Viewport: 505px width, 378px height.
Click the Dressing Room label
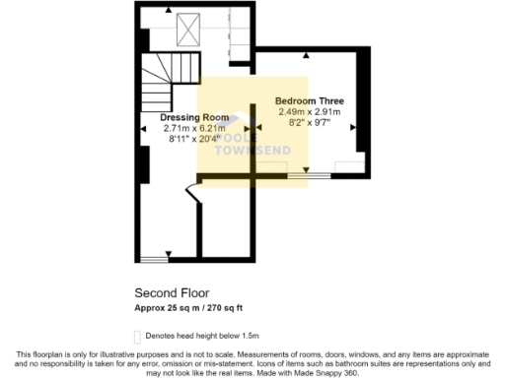pos(194,117)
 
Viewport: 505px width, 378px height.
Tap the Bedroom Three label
pos(309,101)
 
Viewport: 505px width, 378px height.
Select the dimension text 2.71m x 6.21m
pos(194,128)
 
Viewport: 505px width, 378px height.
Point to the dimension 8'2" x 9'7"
pos(309,125)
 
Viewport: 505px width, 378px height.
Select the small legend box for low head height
pos(137,336)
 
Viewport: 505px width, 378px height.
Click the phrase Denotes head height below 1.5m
pos(200,336)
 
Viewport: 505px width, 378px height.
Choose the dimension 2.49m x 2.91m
pos(309,113)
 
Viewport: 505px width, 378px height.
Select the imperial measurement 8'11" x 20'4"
pos(194,139)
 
